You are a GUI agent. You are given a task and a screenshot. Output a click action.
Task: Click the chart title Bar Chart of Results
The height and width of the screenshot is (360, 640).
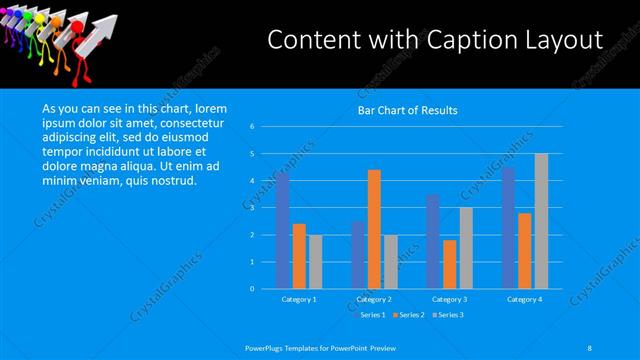tap(407, 110)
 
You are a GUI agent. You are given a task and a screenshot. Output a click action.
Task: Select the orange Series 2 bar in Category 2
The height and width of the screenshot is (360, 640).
tap(374, 229)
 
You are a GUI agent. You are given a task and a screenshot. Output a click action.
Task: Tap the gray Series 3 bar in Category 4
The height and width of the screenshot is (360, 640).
tap(541, 221)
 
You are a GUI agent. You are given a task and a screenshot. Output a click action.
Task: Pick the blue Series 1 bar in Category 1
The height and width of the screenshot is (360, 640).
tap(283, 230)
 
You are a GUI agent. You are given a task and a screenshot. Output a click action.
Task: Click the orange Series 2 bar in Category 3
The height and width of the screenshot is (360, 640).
tap(449, 264)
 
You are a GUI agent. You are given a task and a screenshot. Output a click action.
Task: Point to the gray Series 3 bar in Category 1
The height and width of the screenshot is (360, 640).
tap(316, 261)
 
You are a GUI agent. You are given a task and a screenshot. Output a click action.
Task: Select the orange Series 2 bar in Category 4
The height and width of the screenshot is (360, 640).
tap(524, 250)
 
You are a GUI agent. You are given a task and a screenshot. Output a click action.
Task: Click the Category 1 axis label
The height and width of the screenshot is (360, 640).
tap(299, 299)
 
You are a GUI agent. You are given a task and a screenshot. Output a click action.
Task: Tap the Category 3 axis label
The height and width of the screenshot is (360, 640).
tap(449, 299)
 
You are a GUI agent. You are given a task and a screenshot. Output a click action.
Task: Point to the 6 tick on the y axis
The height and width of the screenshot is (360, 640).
tap(253, 127)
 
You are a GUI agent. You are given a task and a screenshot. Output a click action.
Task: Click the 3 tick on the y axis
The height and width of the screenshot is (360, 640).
tap(253, 208)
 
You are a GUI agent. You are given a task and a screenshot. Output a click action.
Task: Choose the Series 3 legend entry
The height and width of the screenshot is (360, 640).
tap(449, 314)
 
